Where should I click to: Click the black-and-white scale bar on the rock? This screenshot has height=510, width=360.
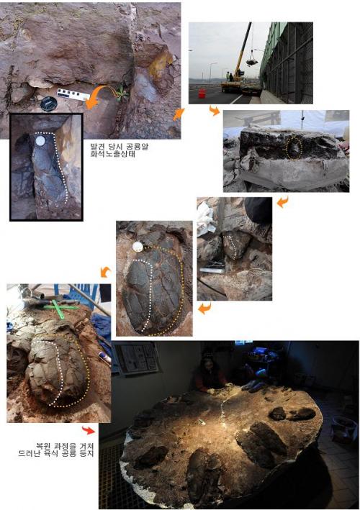tap(73, 95)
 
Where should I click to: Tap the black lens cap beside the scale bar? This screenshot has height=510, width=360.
tap(49, 104)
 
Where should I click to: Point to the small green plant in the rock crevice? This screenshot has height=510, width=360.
tap(122, 92)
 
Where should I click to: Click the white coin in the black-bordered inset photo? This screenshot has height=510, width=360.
tap(40, 141)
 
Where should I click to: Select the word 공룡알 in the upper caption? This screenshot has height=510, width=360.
tap(137, 146)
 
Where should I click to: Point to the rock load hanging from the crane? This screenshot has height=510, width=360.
tap(251, 61)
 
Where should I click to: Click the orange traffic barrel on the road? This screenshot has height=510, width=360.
tap(202, 93)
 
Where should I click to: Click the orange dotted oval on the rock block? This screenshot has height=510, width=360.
tap(294, 148)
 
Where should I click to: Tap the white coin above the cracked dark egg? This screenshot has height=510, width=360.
tap(138, 247)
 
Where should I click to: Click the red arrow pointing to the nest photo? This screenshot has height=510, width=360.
tap(88, 430)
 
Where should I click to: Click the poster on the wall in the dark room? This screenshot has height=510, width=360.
tap(137, 357)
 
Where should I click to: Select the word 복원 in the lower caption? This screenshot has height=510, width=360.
tap(43, 445)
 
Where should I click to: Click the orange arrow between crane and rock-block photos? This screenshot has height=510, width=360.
tap(215, 111)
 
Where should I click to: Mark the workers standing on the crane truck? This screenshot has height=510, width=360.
tap(229, 77)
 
